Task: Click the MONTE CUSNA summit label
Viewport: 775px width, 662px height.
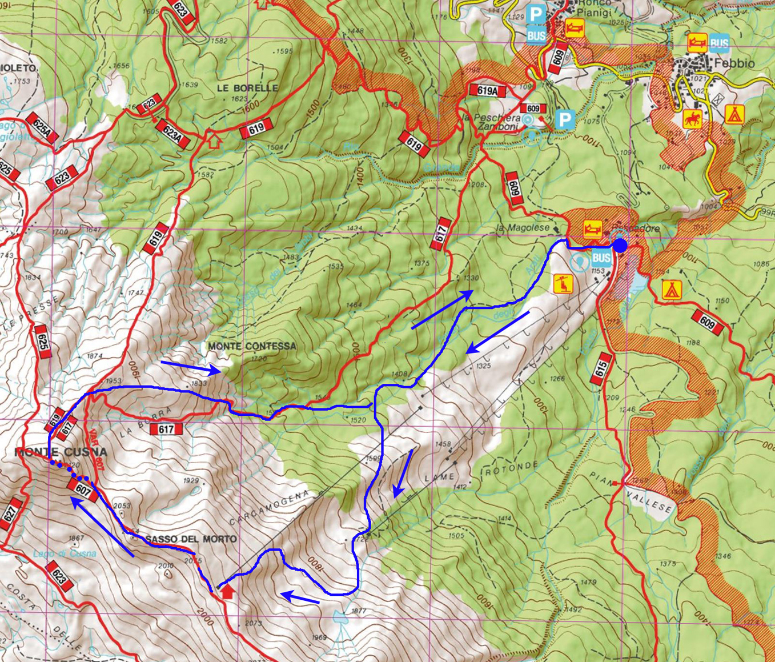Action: point(61,452)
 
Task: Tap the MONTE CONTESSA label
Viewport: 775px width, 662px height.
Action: point(252,346)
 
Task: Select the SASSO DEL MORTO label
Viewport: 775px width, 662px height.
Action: point(191,539)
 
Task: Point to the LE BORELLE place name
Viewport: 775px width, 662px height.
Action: point(247,88)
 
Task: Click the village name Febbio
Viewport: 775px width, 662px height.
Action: point(734,63)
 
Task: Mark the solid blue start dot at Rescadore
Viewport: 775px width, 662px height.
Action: point(620,246)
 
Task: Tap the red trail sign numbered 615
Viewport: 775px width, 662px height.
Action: point(601,369)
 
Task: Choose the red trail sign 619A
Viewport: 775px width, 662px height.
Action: point(487,90)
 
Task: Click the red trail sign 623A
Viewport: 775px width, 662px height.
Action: point(172,134)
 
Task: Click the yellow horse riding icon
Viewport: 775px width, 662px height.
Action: point(692,119)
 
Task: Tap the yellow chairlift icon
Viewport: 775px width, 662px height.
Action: point(563,284)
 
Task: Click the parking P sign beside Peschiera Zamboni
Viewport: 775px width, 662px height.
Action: point(564,120)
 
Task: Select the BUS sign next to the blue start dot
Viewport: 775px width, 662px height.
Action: point(601,258)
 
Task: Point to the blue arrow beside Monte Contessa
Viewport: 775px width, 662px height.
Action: point(190,367)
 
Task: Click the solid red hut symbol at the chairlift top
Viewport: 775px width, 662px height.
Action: point(227,591)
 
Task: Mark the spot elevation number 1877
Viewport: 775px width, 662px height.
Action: point(359,611)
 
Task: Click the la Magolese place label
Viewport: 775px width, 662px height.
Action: point(523,228)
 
